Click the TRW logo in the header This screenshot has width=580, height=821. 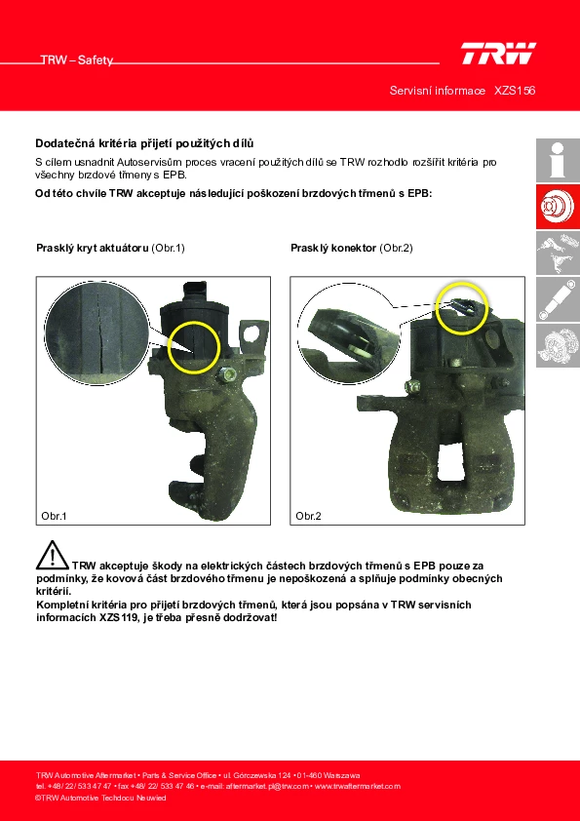[498, 54]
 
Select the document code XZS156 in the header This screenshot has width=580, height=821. [515, 91]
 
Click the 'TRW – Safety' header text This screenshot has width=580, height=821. [77, 60]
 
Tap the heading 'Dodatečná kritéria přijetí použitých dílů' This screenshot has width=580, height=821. [144, 143]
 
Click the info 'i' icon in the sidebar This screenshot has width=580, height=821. [558, 160]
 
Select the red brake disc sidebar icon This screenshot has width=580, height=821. [558, 207]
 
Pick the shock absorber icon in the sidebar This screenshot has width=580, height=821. [558, 299]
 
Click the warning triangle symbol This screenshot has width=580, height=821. [52, 555]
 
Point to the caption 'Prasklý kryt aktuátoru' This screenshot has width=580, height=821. [93, 249]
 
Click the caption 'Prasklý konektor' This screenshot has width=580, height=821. [333, 249]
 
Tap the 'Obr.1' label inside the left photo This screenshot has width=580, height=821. [54, 516]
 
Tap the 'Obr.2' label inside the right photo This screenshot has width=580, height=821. [308, 516]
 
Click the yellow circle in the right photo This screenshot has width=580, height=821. [462, 283]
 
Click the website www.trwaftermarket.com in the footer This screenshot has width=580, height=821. [358, 786]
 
